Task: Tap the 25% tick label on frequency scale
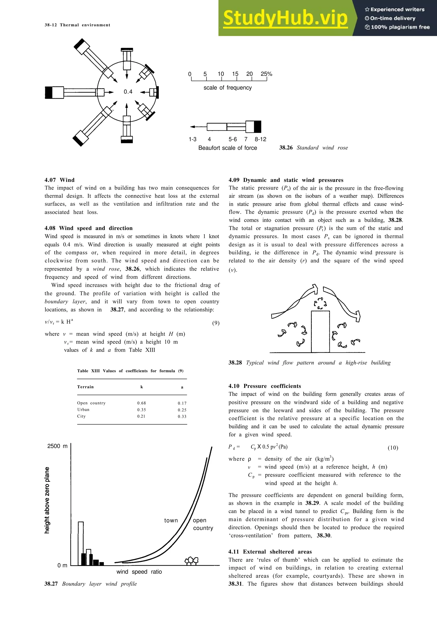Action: pyautogui.click(x=266, y=74)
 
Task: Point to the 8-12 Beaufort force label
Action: pyautogui.click(x=260, y=139)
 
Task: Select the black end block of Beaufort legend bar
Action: pyautogui.click(x=257, y=126)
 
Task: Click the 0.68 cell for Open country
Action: pyautogui.click(x=141, y=403)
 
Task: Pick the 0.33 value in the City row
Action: pyautogui.click(x=182, y=416)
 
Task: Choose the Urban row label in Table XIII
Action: pyautogui.click(x=83, y=410)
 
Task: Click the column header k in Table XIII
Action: pyautogui.click(x=142, y=387)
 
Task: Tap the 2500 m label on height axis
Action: pyautogui.click(x=57, y=446)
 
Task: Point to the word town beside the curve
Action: pyautogui.click(x=171, y=520)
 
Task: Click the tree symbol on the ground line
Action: pyautogui.click(x=191, y=561)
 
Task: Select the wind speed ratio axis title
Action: pyautogui.click(x=139, y=572)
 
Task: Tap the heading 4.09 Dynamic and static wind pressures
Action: pyautogui.click(x=286, y=180)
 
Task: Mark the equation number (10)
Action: pyautogui.click(x=393, y=448)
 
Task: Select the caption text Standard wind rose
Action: pyautogui.click(x=322, y=148)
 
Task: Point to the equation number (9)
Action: pyautogui.click(x=216, y=323)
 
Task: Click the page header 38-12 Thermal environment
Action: pyautogui.click(x=77, y=25)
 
